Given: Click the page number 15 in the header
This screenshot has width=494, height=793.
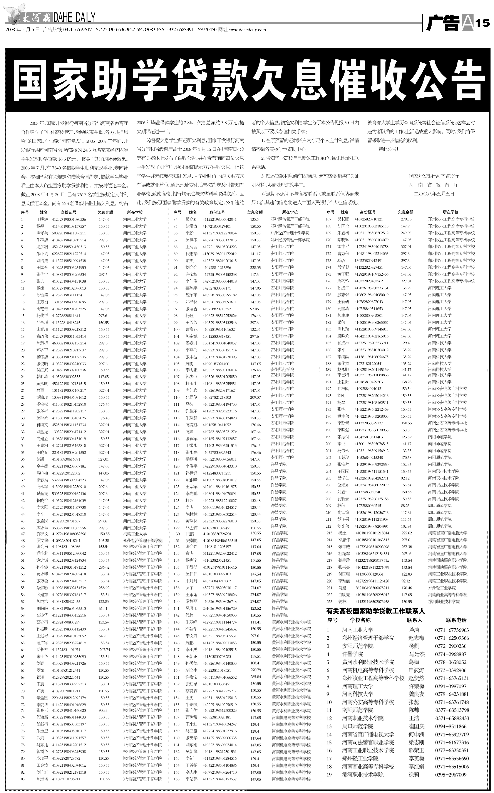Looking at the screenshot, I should tap(482, 23).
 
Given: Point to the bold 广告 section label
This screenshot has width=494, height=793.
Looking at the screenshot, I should tap(443, 23).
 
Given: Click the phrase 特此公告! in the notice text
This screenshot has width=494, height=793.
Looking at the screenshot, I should tap(388, 149).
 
